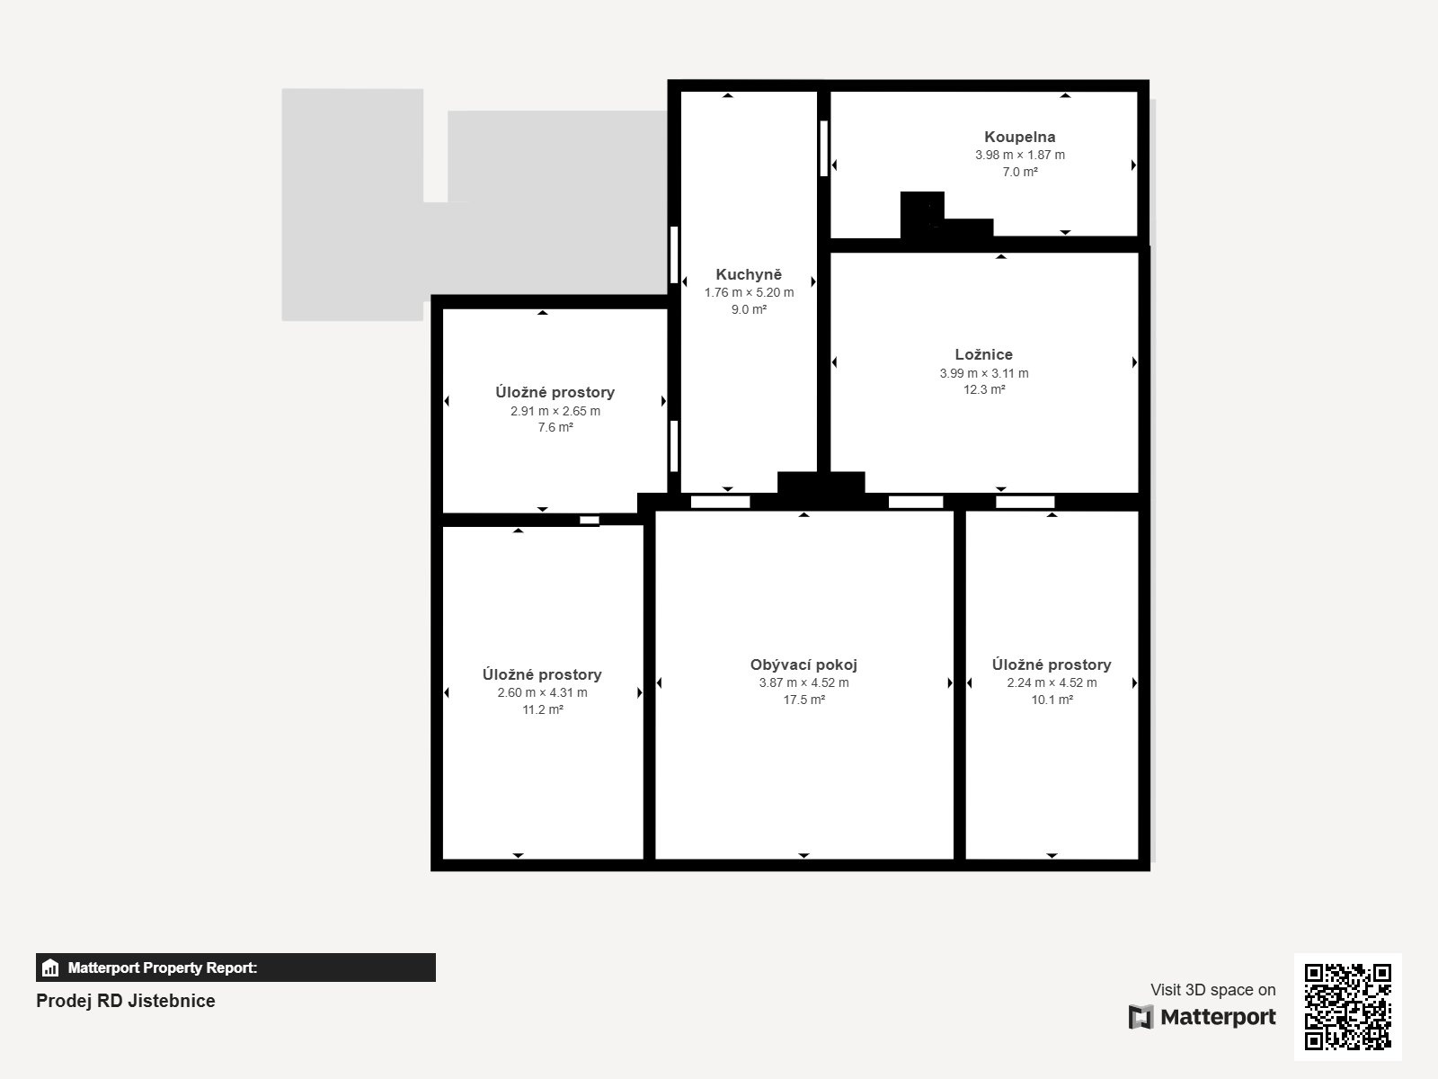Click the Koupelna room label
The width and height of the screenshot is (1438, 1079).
click(x=1019, y=137)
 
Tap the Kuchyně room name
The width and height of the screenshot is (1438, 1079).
click(x=749, y=274)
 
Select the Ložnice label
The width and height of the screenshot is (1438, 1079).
click(x=983, y=354)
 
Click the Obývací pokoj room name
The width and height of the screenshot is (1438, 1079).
click(x=803, y=665)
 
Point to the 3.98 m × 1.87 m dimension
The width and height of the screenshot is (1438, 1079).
click(x=1019, y=156)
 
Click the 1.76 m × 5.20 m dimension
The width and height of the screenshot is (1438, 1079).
click(x=749, y=293)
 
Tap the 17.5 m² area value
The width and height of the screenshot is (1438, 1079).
click(x=803, y=700)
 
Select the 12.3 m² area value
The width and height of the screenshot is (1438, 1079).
click(x=984, y=390)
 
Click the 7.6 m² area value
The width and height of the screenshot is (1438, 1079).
click(x=555, y=428)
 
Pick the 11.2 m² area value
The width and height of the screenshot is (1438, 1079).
click(x=543, y=709)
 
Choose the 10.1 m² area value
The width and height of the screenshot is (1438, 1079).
click(x=1052, y=700)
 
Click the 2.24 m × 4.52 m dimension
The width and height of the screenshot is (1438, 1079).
click(x=1052, y=682)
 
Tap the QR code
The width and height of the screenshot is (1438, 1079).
click(x=1347, y=1007)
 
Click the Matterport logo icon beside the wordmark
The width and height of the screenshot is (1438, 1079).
click(x=1141, y=1017)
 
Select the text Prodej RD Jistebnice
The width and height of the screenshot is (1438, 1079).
click(x=125, y=1001)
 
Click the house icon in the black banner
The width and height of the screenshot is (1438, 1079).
click(x=50, y=968)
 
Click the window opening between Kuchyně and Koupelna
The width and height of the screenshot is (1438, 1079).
click(x=823, y=148)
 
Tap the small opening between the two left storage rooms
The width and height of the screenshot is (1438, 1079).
click(x=589, y=521)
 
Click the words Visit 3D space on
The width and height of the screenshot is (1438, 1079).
click(x=1212, y=990)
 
